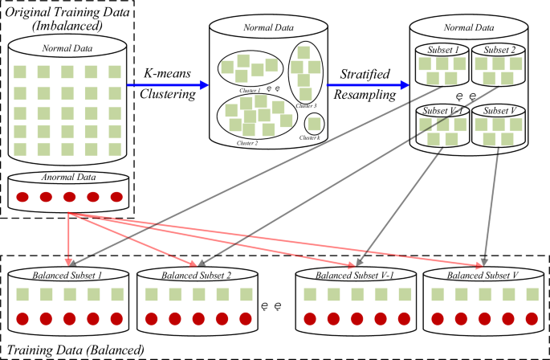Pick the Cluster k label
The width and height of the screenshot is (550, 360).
(x=312, y=138)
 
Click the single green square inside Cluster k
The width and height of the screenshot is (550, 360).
(x=314, y=124)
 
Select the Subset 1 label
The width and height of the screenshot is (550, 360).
(x=441, y=49)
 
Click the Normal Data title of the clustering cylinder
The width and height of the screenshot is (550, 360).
(x=269, y=31)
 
